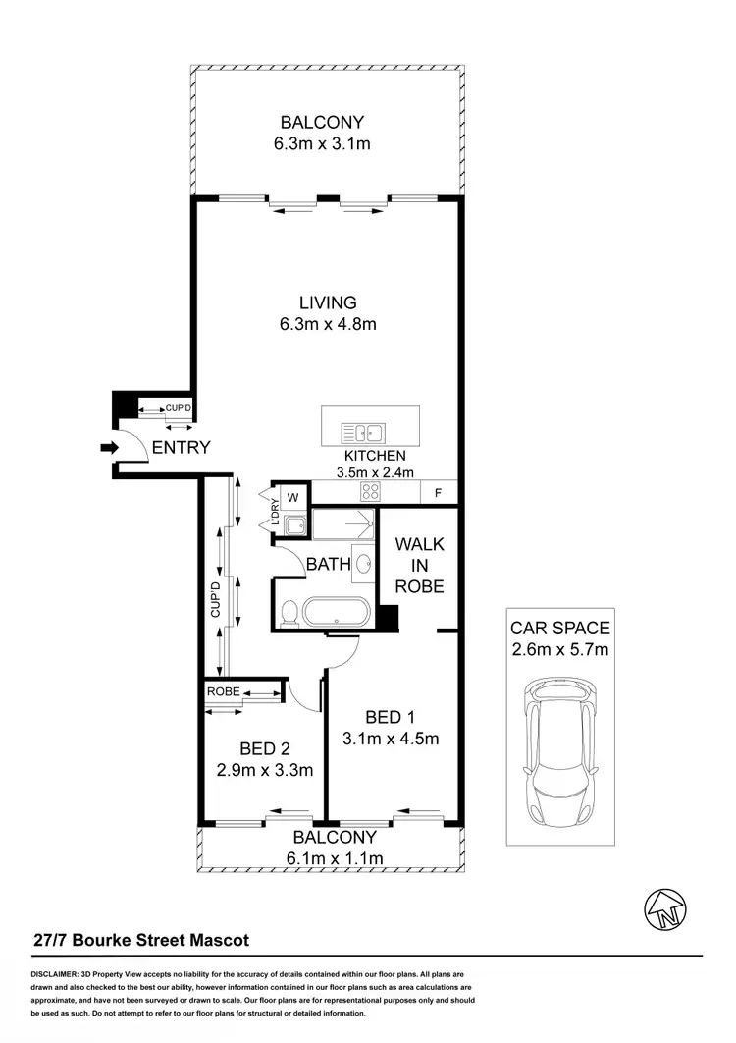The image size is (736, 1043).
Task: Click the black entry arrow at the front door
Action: [x=107, y=448]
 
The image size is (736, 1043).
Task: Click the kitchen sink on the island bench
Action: [x=363, y=431]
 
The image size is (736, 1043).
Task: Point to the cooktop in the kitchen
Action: [x=371, y=492]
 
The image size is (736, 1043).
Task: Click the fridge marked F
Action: [x=437, y=492]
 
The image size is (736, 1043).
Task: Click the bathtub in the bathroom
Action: [x=338, y=612]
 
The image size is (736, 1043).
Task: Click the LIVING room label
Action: [x=329, y=302]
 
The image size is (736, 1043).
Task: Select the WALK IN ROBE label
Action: [x=419, y=565]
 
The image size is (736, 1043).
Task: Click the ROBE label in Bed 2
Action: [x=223, y=691]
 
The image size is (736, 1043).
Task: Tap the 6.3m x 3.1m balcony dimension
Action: [x=322, y=144]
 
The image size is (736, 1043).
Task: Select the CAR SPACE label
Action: [x=559, y=628]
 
